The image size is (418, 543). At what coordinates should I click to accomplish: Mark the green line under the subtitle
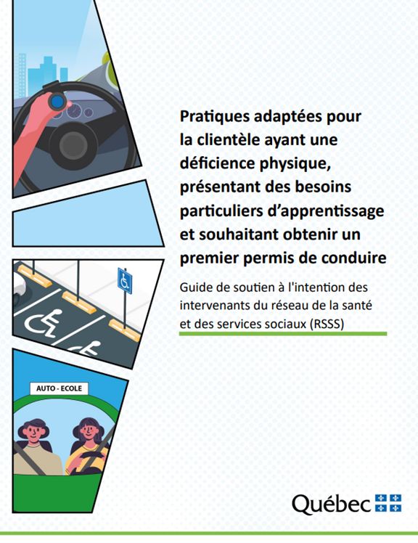coord(283,333)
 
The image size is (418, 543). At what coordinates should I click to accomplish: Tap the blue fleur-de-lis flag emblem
coord(388,502)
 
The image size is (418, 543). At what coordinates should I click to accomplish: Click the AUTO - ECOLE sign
coord(58,389)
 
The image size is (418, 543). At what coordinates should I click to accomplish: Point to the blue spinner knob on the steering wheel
coord(55,102)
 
